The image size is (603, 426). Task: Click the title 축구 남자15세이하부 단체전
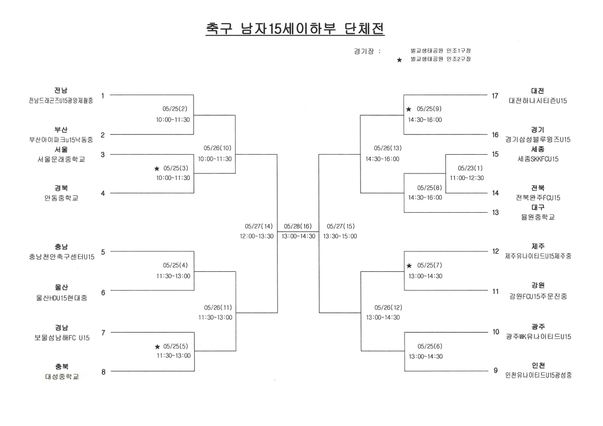(x=295, y=29)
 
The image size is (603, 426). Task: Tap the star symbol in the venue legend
(x=399, y=60)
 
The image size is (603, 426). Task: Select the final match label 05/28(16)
(x=297, y=226)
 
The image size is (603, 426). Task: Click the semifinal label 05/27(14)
(x=258, y=226)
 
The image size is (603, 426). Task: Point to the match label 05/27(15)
(x=340, y=226)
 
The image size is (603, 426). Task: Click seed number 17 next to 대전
(x=495, y=96)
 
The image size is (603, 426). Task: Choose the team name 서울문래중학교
(x=61, y=159)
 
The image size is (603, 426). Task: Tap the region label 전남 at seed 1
(x=61, y=91)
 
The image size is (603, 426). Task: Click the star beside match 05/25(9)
(x=409, y=110)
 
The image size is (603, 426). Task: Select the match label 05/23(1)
(x=470, y=168)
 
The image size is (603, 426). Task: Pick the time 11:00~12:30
(x=467, y=178)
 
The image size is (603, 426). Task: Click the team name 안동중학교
(x=61, y=198)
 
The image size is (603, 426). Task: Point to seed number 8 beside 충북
(x=103, y=372)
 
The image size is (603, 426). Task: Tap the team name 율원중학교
(x=538, y=217)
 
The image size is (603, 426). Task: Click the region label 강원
(x=538, y=285)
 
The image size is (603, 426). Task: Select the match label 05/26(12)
(x=388, y=308)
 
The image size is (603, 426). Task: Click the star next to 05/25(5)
(x=157, y=347)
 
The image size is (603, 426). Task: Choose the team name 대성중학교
(x=62, y=377)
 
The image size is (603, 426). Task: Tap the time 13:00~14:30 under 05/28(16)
(x=299, y=236)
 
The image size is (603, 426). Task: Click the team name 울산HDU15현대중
(x=61, y=298)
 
